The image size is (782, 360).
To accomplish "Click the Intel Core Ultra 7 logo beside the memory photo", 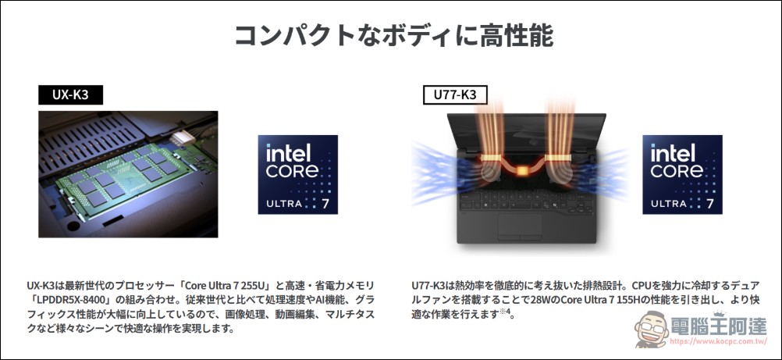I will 298,175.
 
